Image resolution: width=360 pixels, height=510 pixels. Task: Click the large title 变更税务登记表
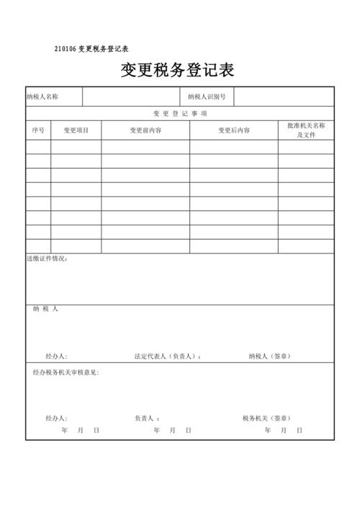click(177, 71)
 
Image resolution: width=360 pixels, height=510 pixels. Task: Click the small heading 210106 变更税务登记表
click(91, 49)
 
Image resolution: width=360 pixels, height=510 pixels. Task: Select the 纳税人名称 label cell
click(42, 97)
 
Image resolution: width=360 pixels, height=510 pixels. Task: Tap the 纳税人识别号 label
click(207, 97)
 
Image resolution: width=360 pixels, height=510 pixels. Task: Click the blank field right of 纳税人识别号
click(284, 97)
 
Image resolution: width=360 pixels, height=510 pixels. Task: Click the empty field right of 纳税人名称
click(130, 97)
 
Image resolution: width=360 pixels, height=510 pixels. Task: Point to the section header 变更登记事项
click(180, 114)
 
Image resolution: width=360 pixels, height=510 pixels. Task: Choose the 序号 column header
click(38, 130)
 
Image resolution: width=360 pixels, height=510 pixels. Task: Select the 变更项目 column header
click(76, 130)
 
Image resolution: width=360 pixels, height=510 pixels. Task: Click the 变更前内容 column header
click(145, 130)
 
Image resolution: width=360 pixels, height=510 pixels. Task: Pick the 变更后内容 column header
click(234, 130)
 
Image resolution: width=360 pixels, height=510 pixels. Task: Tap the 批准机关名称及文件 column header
click(306, 130)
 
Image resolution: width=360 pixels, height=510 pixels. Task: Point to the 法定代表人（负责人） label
click(168, 356)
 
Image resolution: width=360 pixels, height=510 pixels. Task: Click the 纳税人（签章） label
click(270, 356)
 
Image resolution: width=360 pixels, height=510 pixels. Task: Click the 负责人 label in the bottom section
click(147, 418)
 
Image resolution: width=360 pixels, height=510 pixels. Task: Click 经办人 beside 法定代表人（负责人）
click(55, 356)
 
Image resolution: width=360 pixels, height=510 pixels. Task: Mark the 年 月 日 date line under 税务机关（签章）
click(282, 430)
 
